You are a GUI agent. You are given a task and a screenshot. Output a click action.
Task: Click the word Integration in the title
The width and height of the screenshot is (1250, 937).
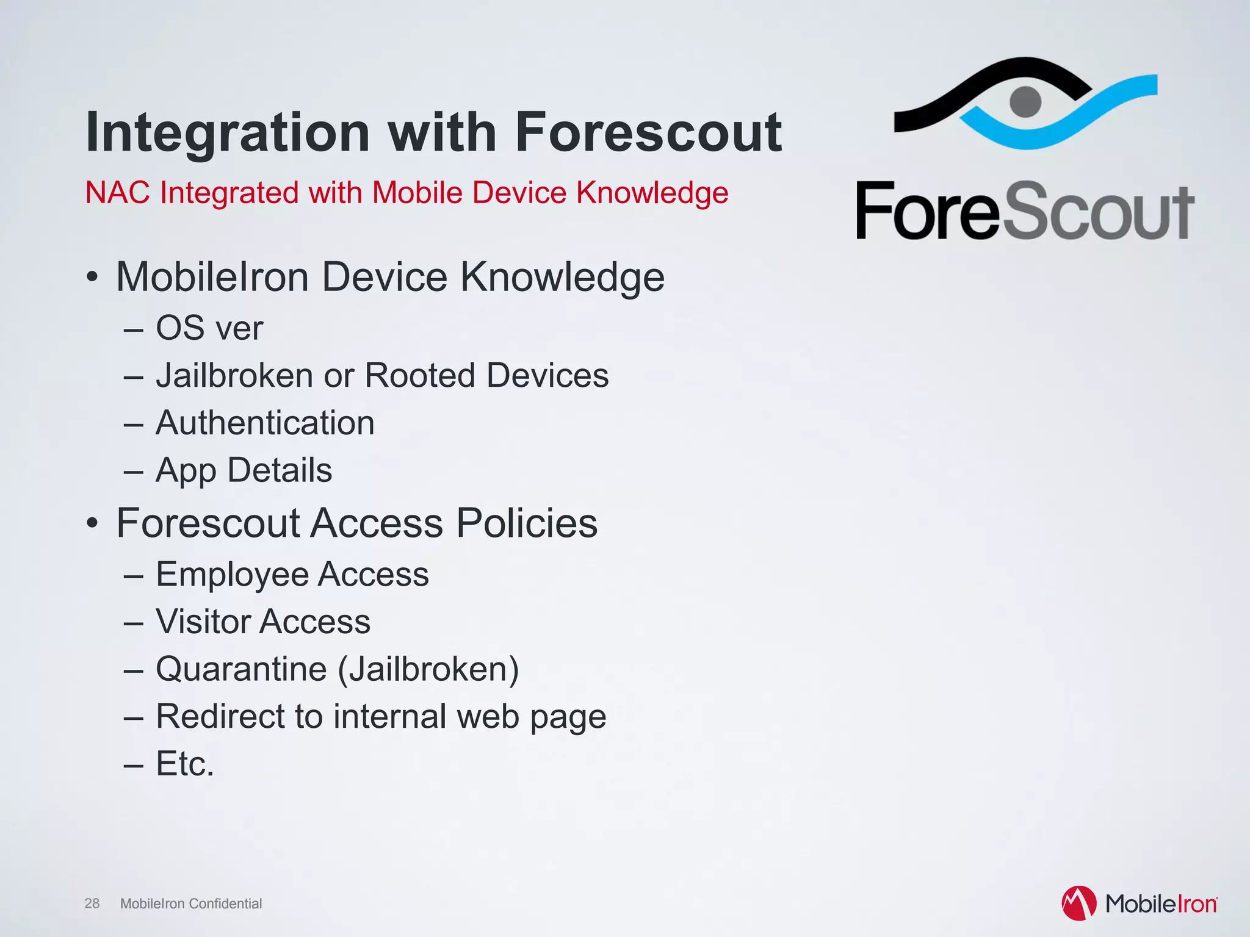click(228, 132)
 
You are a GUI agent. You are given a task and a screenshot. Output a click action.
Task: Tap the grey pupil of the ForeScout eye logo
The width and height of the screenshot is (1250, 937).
click(1025, 101)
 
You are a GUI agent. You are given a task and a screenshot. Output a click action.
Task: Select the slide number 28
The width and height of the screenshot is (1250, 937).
click(92, 903)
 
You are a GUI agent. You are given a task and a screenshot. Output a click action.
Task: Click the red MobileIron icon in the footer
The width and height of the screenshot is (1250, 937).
click(1078, 903)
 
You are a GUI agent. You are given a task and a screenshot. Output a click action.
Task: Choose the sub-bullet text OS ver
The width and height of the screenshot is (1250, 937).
click(209, 328)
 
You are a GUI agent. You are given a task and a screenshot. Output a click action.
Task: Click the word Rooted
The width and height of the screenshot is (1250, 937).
click(419, 375)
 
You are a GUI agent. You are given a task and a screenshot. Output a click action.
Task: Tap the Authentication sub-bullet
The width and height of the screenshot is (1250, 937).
click(265, 423)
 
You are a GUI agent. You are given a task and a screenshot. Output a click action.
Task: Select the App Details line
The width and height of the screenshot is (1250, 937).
click(244, 470)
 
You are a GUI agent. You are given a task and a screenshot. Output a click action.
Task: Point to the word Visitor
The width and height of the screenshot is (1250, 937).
click(203, 622)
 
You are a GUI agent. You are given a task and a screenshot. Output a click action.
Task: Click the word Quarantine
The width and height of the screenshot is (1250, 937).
click(241, 669)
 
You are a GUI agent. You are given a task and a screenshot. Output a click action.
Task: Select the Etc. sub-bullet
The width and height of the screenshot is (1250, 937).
click(185, 764)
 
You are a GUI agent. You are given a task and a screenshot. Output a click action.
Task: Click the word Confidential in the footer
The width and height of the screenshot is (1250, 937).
click(225, 903)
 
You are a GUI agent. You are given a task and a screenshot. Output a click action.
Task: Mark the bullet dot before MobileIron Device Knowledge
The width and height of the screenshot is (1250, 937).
click(92, 278)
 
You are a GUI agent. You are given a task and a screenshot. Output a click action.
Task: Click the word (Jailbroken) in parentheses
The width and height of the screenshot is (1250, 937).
click(428, 669)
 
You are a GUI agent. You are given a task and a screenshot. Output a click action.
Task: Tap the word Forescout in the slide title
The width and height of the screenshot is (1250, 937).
click(648, 132)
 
